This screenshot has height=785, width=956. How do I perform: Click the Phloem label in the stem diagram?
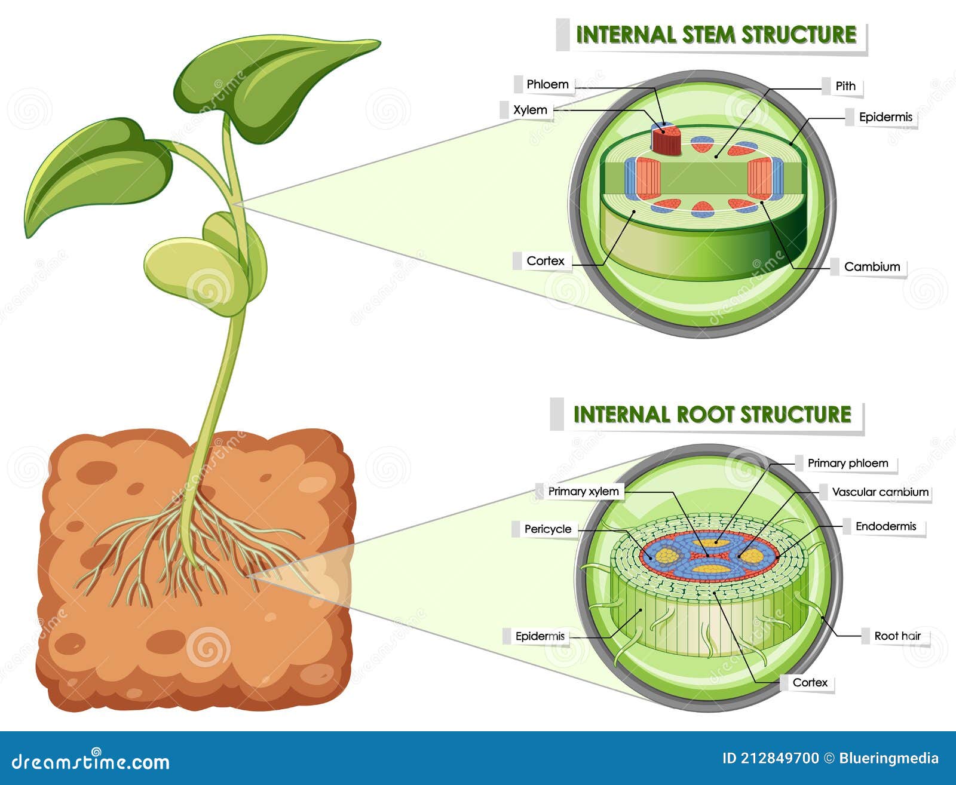547,84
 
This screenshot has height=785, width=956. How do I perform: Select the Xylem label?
530,110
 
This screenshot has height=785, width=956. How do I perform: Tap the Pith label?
845,86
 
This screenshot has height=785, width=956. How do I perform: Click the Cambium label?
872,267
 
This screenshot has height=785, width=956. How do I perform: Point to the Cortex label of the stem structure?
545,261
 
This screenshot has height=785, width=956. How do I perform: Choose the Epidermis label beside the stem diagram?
885,117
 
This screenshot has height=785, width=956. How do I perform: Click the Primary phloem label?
847,463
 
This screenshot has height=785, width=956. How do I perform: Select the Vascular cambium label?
880,492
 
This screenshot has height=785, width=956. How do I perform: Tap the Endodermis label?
885,526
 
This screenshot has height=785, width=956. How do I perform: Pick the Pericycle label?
547,529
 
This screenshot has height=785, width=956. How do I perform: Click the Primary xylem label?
583,492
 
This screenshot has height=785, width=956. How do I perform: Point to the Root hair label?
897,636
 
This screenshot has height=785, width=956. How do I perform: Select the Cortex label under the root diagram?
810,682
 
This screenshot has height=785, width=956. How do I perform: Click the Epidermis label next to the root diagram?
540,637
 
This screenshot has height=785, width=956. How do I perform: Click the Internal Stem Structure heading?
716,35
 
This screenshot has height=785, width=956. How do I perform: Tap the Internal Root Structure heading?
712,415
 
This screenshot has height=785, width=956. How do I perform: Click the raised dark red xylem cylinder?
666,142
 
